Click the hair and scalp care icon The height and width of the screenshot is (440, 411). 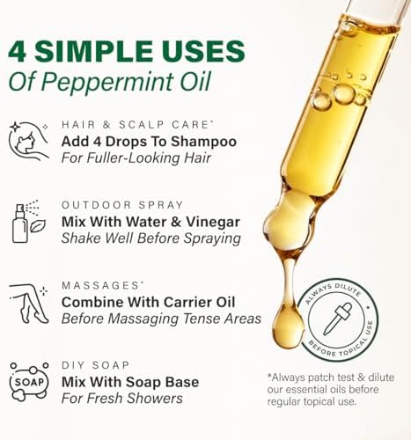[28, 140]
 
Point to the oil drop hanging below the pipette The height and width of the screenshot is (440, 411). [287, 325]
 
